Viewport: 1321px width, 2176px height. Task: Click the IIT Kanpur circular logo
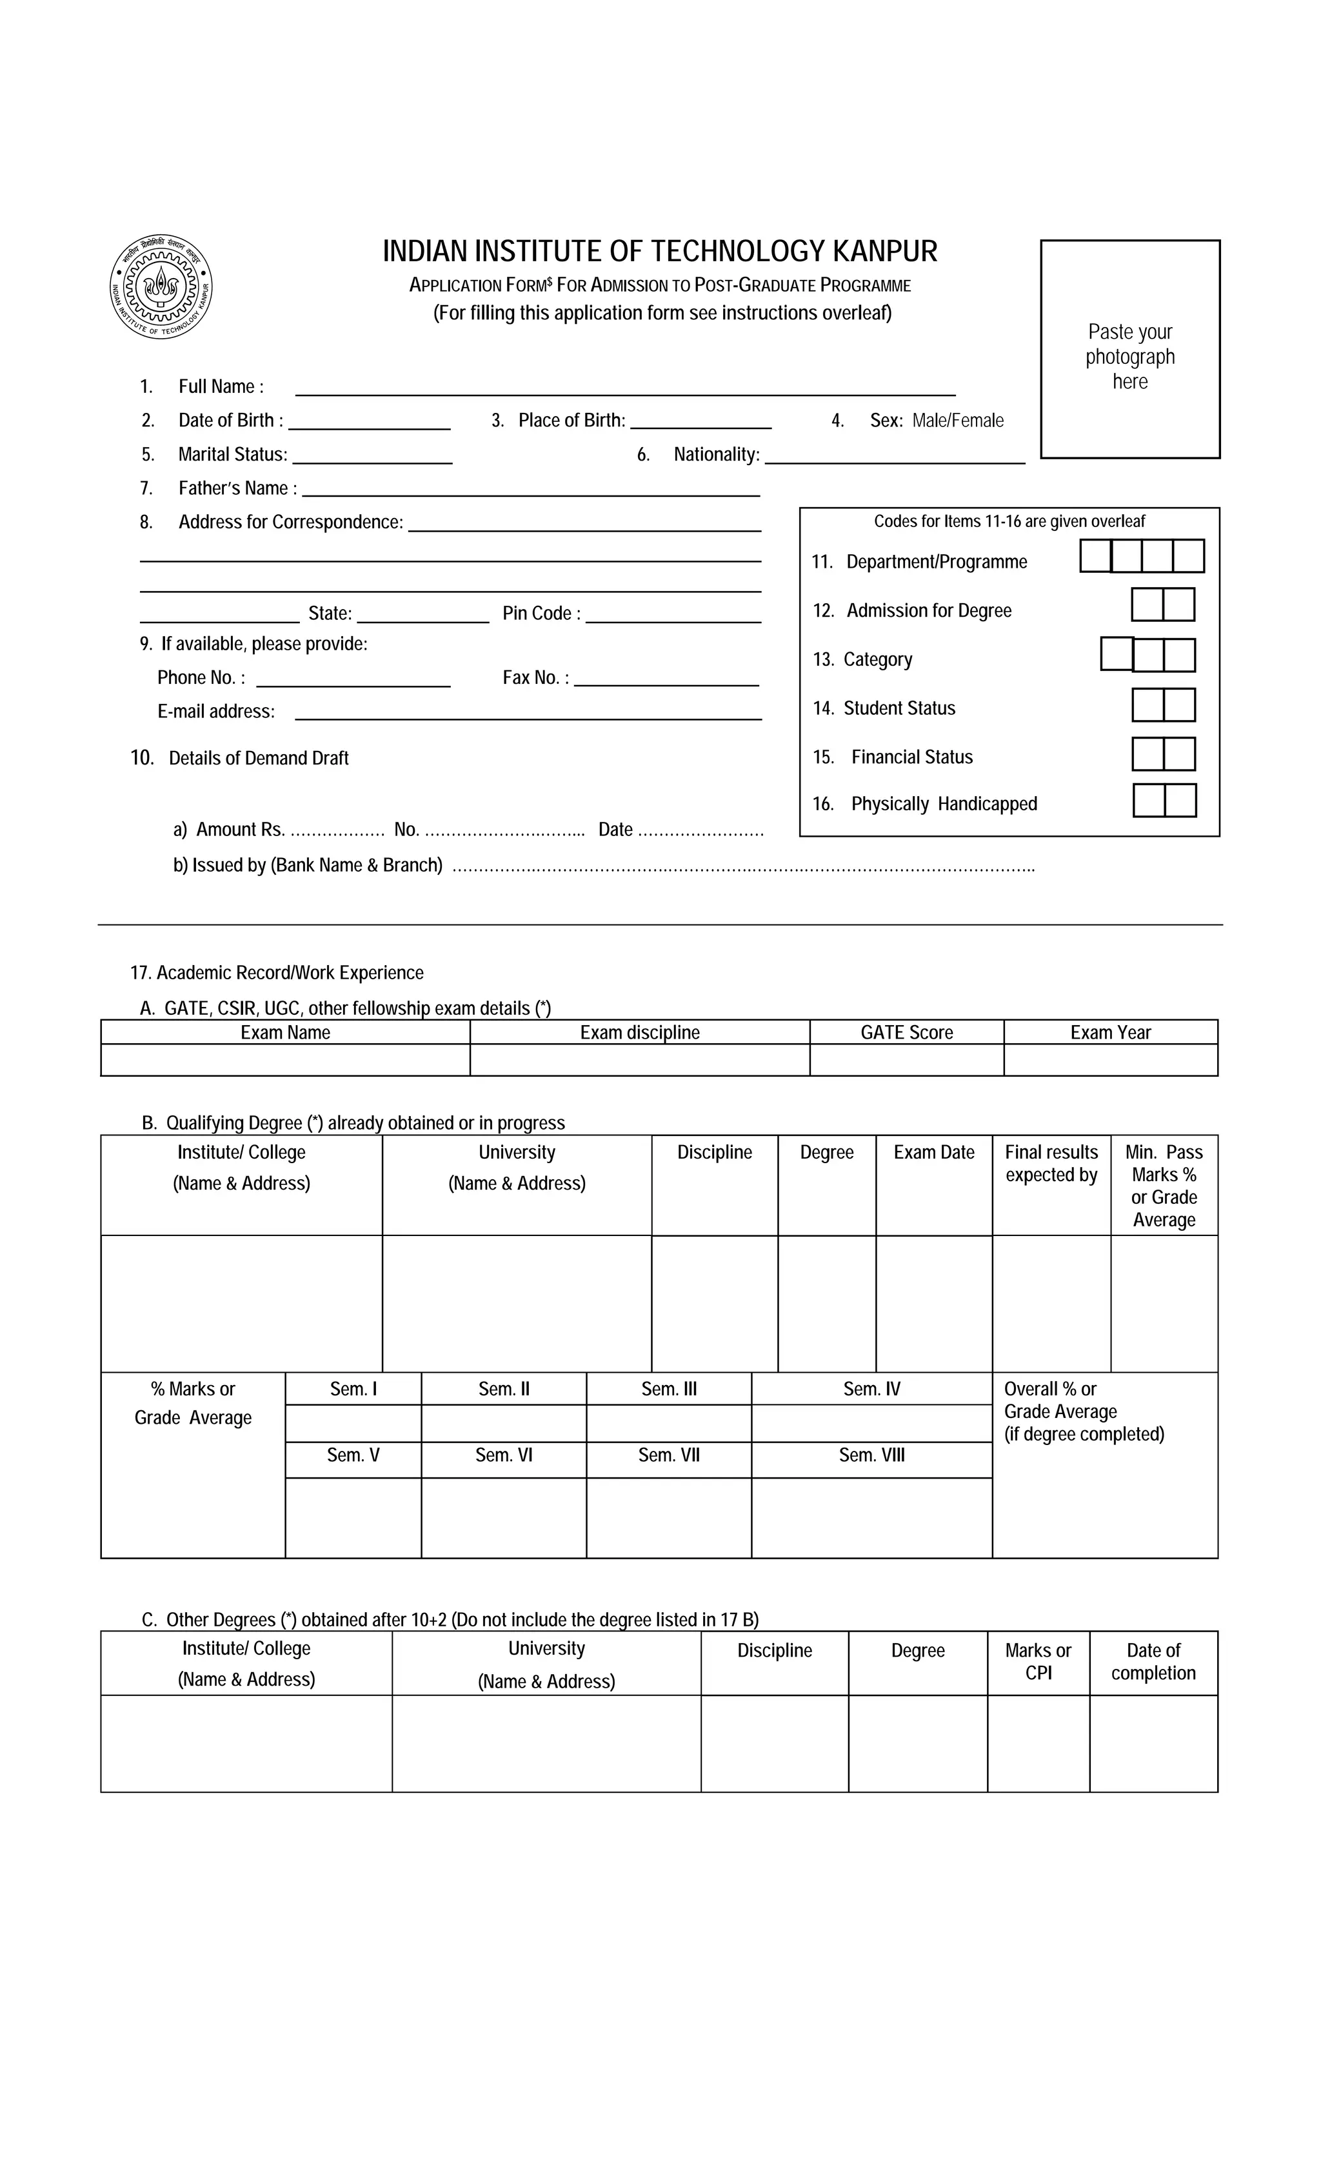[x=161, y=287]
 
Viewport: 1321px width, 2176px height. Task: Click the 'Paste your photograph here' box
[x=1129, y=350]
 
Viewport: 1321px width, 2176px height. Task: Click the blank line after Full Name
[x=624, y=388]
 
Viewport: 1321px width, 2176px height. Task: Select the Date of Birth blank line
[x=369, y=423]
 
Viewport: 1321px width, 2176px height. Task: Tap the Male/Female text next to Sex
[x=957, y=421]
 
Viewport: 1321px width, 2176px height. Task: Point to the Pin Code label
[x=541, y=614]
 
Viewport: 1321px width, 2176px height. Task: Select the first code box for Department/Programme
[x=1095, y=556]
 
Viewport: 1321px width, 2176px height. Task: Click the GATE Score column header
[x=906, y=1032]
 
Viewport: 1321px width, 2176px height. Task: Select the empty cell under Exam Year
[x=1110, y=1060]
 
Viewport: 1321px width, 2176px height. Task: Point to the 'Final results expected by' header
[x=1051, y=1164]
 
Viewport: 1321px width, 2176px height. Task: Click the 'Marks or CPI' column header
[x=1038, y=1662]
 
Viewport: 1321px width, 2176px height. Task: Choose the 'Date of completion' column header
[x=1153, y=1662]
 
